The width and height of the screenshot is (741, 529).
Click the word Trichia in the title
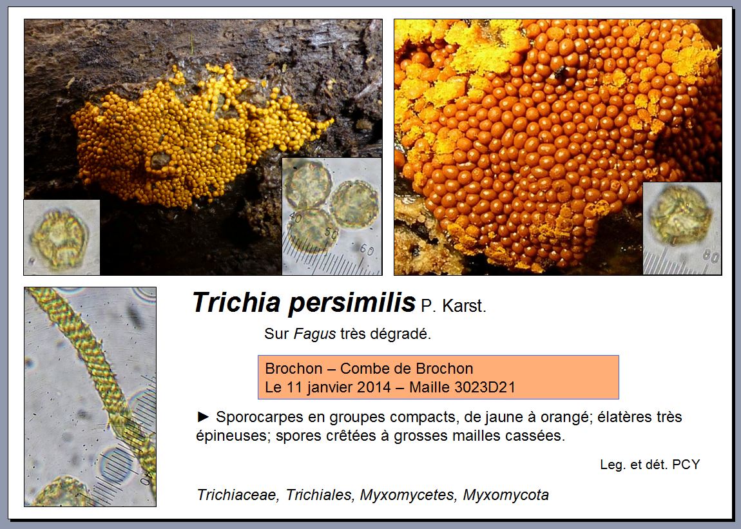[x=236, y=302]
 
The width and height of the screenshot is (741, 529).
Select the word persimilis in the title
[x=352, y=303]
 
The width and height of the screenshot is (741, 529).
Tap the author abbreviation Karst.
[x=464, y=306]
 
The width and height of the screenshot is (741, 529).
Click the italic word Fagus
[x=314, y=334]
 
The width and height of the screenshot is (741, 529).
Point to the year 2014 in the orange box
[x=374, y=387]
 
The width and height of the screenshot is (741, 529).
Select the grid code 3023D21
[x=485, y=387]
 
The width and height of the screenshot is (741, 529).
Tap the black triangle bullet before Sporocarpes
[x=203, y=416]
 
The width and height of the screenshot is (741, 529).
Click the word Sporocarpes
[x=260, y=418]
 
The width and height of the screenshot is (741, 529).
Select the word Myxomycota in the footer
[x=506, y=495]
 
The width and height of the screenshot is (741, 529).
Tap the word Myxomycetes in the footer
[x=409, y=495]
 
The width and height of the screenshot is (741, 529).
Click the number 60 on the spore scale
[x=367, y=249]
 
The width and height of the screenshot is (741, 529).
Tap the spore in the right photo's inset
[x=679, y=215]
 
